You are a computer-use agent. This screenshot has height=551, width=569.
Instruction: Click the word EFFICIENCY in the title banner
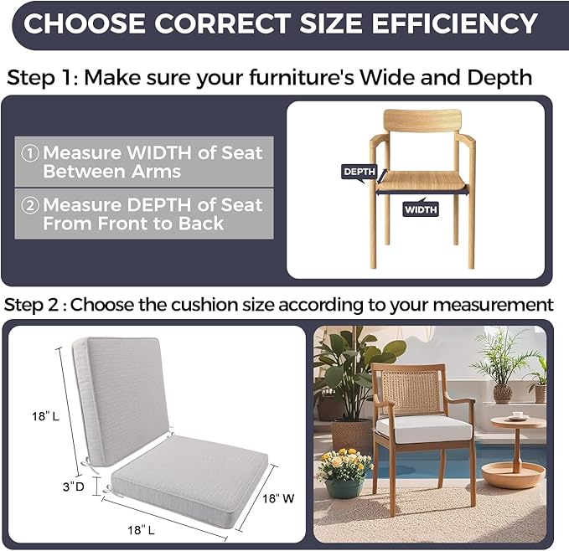tap(454, 23)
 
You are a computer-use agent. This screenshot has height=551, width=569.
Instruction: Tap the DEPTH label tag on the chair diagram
tap(360, 172)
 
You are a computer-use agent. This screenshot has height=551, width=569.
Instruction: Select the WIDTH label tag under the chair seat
tap(421, 209)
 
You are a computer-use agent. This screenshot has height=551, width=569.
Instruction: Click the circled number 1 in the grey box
tap(30, 153)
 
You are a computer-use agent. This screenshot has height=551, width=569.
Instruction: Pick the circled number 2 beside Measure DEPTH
tap(30, 205)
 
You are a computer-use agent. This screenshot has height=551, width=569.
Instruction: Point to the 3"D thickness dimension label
tap(73, 487)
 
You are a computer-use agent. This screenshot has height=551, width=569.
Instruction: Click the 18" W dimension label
tap(278, 498)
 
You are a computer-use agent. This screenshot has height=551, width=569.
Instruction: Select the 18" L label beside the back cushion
tap(45, 416)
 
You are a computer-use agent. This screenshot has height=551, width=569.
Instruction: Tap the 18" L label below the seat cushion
tap(141, 530)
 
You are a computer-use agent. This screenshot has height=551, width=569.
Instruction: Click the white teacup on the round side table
tap(517, 415)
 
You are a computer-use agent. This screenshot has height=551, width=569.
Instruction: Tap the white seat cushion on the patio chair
tap(424, 429)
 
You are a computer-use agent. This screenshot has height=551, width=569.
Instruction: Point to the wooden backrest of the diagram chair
tap(422, 121)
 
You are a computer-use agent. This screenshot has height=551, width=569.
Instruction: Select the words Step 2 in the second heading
tap(31, 305)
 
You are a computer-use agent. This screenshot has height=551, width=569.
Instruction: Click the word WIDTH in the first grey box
tap(159, 152)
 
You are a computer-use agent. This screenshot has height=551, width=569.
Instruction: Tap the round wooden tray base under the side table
tap(513, 476)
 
